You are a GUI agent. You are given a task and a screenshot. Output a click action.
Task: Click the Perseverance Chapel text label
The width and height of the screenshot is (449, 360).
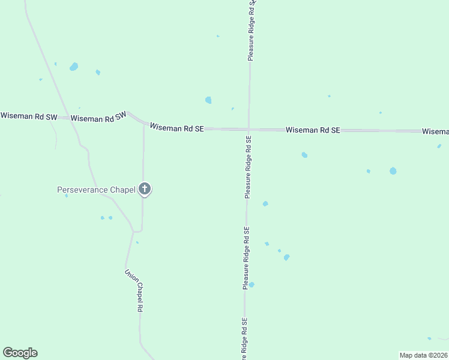click(x=95, y=190)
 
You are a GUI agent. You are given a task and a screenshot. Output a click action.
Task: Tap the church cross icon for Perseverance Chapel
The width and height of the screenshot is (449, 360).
click(x=144, y=188)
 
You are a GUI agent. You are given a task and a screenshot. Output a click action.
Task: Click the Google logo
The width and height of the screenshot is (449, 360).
click(x=20, y=353)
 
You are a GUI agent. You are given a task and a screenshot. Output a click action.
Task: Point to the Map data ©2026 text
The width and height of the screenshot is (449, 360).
click(x=423, y=355)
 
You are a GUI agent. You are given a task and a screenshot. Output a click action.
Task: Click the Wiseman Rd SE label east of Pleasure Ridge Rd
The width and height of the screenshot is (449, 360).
click(x=313, y=130)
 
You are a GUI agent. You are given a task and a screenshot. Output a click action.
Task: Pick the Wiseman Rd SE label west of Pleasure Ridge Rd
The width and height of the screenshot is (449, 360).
click(x=177, y=127)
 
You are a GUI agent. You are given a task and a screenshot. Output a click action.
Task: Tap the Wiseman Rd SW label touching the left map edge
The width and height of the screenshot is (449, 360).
click(x=28, y=116)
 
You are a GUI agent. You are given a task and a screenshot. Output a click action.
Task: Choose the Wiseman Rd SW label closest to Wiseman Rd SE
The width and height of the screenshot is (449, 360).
click(x=99, y=118)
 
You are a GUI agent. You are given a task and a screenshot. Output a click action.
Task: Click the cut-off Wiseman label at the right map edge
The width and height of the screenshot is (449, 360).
click(x=435, y=131)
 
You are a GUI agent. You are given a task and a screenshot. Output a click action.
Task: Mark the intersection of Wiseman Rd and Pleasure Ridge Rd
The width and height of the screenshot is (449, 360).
click(x=249, y=129)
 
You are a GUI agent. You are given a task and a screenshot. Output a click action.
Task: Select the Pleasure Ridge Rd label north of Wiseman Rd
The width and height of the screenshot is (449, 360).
click(x=251, y=30)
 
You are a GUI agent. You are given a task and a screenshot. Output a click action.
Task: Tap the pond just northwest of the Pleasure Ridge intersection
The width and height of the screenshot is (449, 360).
click(x=208, y=100)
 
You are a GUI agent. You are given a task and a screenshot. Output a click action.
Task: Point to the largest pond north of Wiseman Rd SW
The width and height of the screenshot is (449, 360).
click(x=74, y=67)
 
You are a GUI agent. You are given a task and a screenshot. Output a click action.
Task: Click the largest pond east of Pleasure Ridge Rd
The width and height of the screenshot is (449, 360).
click(x=393, y=171)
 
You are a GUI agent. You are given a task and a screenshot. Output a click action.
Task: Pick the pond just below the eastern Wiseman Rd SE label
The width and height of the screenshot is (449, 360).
click(x=304, y=155)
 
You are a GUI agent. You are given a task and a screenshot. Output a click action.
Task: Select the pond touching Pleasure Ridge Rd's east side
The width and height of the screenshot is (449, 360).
click(x=252, y=284)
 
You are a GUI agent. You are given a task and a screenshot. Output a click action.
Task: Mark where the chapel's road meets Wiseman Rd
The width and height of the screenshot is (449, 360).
click(x=144, y=125)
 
